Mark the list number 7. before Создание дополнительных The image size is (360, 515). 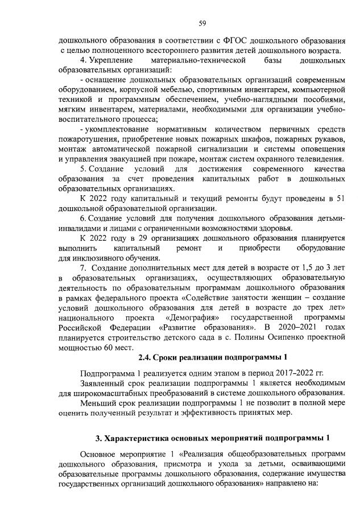83,268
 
